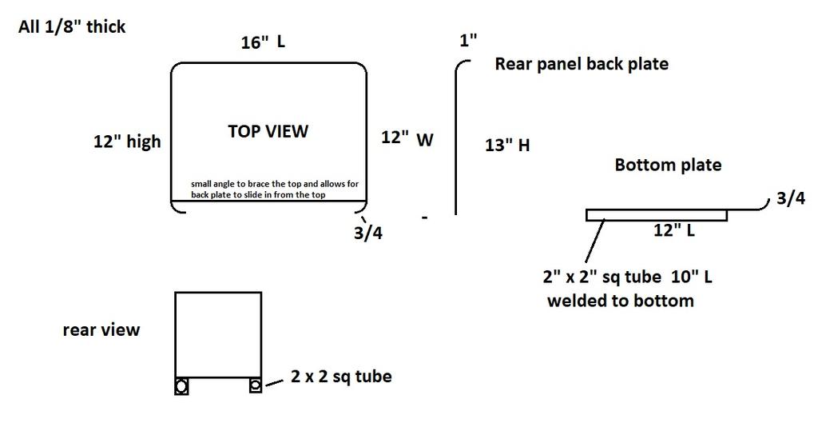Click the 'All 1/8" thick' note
(72, 27)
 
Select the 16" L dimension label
(263, 42)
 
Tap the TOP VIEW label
(268, 131)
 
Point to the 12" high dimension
(127, 142)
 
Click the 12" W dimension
(407, 138)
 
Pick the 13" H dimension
(507, 146)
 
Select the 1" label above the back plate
(468, 41)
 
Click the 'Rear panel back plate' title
(582, 64)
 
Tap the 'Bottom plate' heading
(668, 166)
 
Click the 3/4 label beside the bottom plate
(790, 199)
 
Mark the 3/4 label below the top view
(367, 234)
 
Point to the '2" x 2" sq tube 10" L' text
(627, 277)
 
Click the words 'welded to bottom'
(620, 301)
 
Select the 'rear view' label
(101, 329)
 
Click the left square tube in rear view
(182, 386)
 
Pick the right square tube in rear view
(255, 385)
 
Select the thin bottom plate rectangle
(657, 214)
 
